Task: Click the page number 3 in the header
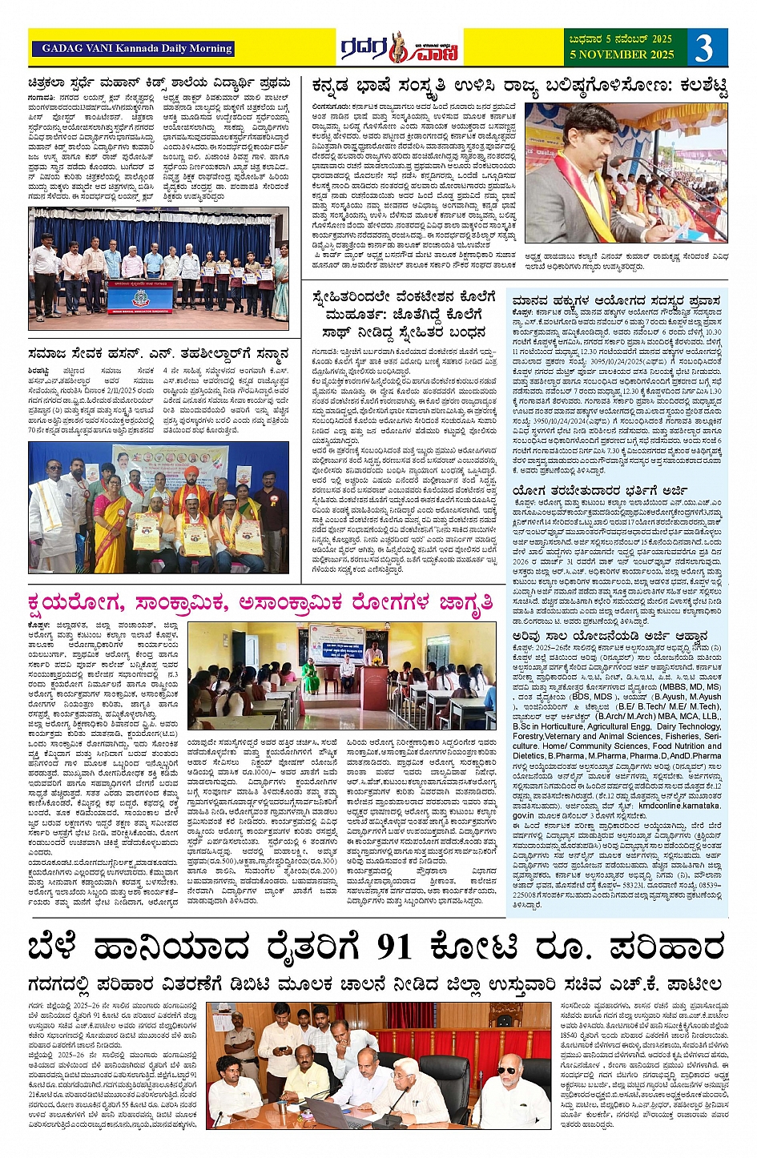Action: coord(703,48)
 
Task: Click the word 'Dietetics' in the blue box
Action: coord(529,755)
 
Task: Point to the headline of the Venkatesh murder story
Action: coord(405,314)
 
